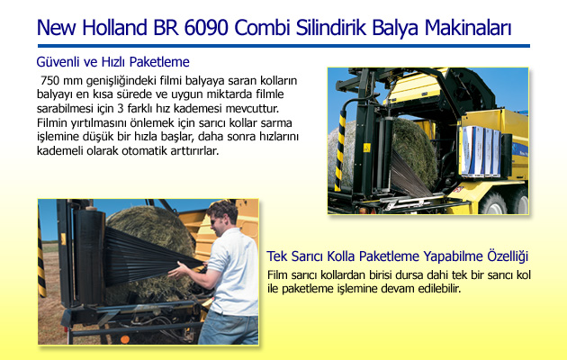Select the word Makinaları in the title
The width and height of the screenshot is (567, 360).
tap(468, 28)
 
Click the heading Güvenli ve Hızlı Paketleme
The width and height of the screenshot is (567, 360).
tap(112, 62)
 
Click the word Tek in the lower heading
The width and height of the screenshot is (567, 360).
tap(277, 256)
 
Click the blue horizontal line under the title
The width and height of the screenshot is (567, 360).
tap(283, 46)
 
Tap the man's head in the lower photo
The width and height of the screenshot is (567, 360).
tap(222, 216)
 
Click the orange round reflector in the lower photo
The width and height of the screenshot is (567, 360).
tap(125, 339)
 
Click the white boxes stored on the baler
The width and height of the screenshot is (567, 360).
tap(481, 150)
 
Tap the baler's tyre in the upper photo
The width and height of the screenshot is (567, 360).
tap(492, 203)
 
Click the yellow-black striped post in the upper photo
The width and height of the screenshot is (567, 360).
tap(340, 150)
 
